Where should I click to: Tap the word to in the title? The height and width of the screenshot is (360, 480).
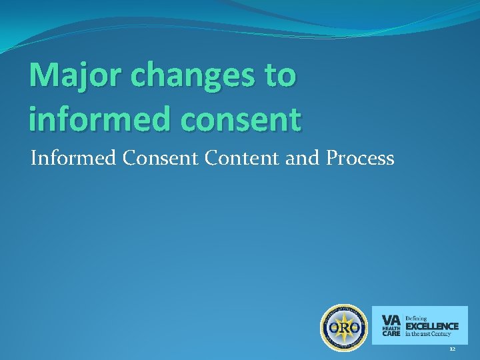(x=280, y=76)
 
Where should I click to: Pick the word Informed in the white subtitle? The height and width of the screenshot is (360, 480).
(x=65, y=158)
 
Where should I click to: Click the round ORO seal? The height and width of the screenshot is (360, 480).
(x=344, y=328)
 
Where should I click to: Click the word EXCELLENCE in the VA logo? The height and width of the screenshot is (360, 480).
(x=432, y=326)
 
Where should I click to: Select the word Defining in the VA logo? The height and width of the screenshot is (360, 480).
(x=417, y=317)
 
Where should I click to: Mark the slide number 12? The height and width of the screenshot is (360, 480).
(x=452, y=349)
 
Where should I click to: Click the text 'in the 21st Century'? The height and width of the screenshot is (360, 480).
(x=429, y=334)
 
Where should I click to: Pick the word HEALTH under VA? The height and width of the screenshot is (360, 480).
(x=391, y=328)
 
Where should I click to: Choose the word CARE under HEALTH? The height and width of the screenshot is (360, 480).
(x=391, y=334)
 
